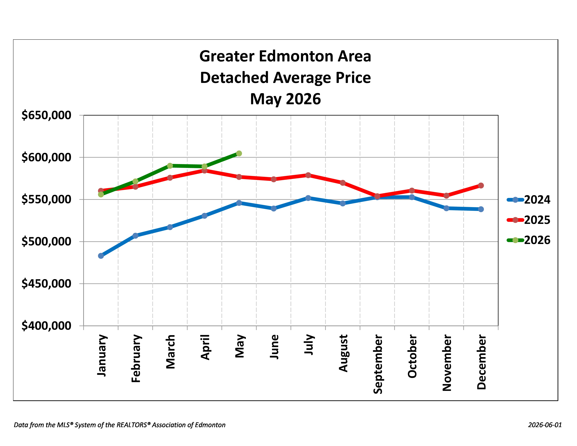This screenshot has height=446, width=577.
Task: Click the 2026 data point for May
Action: (x=239, y=154)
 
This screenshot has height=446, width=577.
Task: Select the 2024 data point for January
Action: (x=101, y=256)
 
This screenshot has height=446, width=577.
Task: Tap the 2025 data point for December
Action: (x=481, y=185)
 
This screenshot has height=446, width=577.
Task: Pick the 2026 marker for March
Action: (x=170, y=166)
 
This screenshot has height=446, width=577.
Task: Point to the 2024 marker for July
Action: (x=308, y=198)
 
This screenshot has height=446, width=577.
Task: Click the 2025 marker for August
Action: (x=343, y=183)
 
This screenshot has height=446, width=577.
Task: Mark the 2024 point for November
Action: (x=446, y=208)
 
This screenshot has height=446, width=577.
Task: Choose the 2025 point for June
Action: (x=273, y=179)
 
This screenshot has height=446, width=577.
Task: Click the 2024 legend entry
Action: (x=528, y=200)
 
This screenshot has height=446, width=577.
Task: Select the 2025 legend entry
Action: (x=528, y=220)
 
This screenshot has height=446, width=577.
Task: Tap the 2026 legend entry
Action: (x=528, y=240)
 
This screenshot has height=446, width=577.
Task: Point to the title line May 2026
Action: (x=285, y=99)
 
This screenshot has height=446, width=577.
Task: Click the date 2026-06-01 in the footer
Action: (x=545, y=425)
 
